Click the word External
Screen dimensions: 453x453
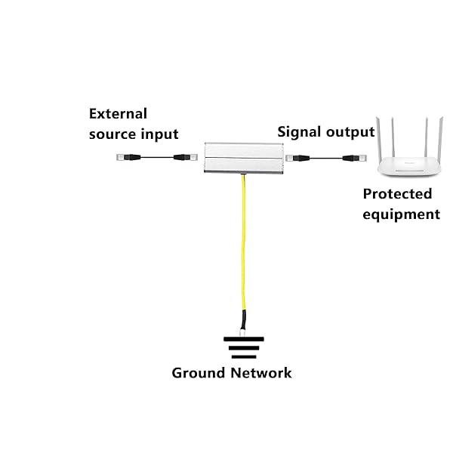[118, 114]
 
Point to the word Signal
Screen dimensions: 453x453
[300, 132]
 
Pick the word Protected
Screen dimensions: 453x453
[397, 194]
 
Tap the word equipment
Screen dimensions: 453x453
[401, 214]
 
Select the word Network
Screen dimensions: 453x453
[260, 372]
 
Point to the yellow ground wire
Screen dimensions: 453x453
[243, 249]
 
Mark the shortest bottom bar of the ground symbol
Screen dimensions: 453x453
[243, 357]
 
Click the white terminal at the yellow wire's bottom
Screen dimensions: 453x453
[242, 331]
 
